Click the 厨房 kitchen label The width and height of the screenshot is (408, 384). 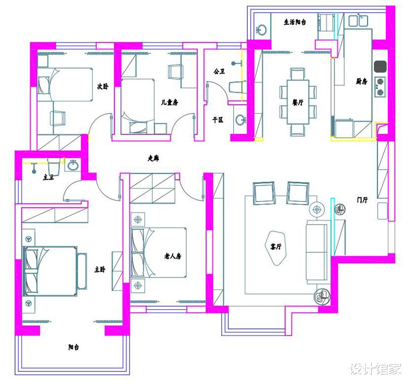[362, 82]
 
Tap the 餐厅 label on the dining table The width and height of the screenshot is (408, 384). [298, 102]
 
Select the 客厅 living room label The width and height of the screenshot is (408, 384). [276, 246]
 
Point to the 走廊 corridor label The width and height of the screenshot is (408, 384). [154, 158]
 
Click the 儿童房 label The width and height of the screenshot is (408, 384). [169, 102]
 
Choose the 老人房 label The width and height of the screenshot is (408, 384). [173, 256]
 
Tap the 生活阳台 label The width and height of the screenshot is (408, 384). [295, 22]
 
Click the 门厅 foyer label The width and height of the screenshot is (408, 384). [362, 200]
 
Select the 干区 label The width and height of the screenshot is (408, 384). [218, 120]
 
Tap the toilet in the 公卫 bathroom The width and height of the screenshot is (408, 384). [238, 87]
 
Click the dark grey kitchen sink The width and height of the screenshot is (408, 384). [380, 66]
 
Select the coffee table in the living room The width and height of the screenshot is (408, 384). [276, 248]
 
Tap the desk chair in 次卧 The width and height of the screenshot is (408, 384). [57, 119]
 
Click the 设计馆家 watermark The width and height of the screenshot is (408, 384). [375, 369]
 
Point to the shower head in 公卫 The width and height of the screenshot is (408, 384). [233, 64]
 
